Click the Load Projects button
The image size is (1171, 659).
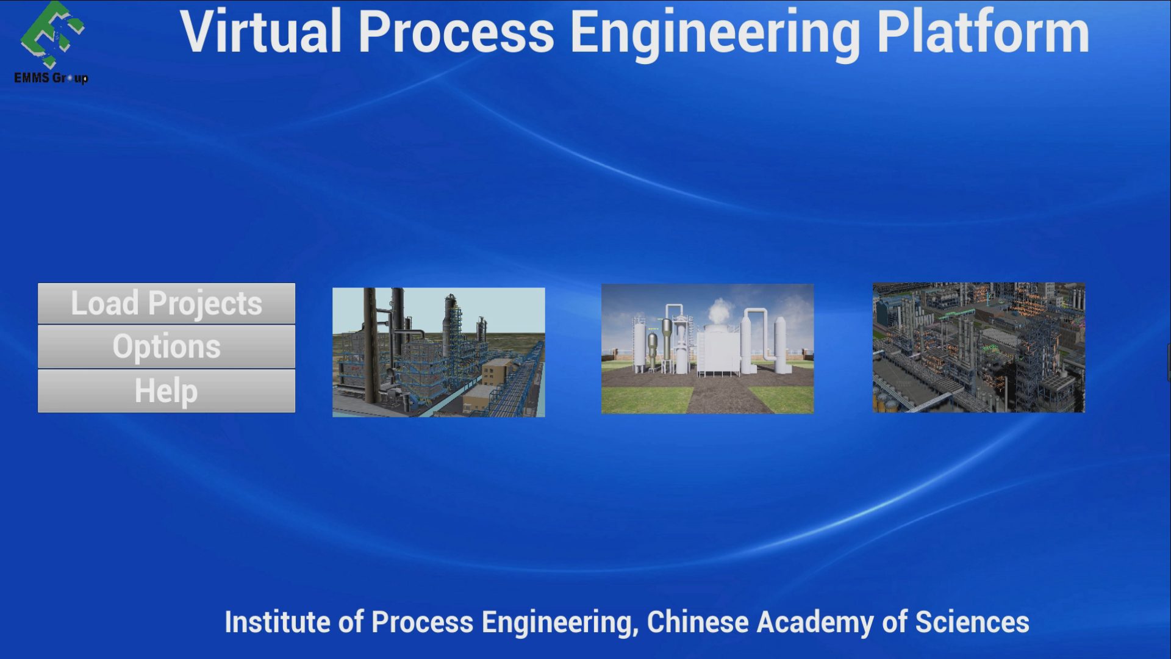tap(167, 303)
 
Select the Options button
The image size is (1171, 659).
tap(167, 347)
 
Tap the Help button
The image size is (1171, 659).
tap(167, 391)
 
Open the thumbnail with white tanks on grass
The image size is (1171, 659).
tap(707, 348)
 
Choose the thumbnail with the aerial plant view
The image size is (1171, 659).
tap(978, 348)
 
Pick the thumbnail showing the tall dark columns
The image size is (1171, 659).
tap(439, 352)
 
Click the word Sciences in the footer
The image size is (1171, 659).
tap(972, 622)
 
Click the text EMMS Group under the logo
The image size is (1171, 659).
tap(51, 78)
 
